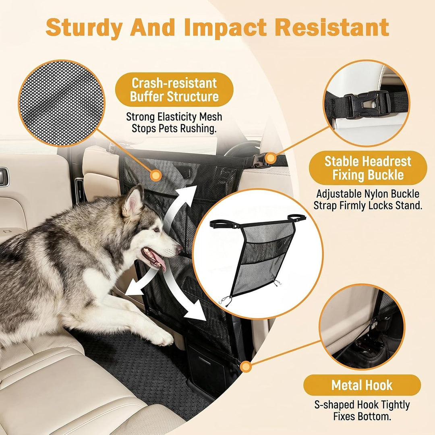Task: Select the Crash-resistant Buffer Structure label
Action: coord(174,89)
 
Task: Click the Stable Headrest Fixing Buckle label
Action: coord(368,168)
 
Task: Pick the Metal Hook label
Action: coord(362,385)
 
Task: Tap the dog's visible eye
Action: coord(157,230)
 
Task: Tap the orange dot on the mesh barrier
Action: coord(156,175)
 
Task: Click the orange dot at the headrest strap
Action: coord(270,159)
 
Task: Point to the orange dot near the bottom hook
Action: coord(246,367)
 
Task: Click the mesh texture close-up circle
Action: coord(62,103)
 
